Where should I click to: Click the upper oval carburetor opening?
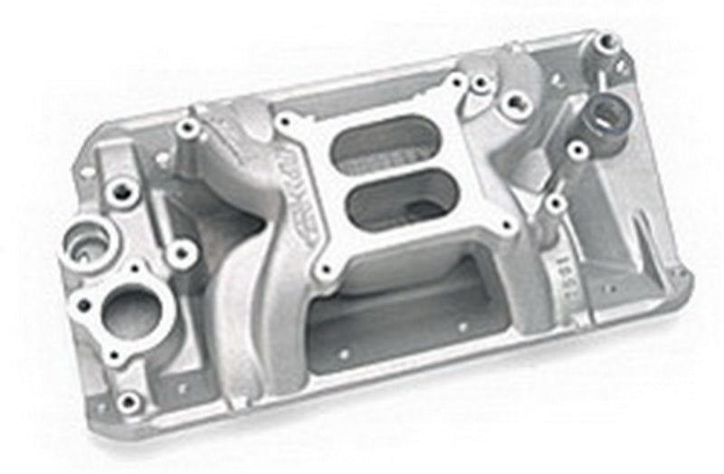click(x=385, y=145)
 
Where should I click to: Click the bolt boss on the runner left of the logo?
click(x=188, y=129)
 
